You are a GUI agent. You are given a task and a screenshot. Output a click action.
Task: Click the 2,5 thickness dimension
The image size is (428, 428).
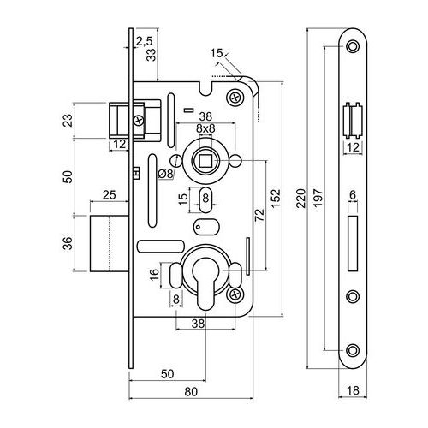[144, 41]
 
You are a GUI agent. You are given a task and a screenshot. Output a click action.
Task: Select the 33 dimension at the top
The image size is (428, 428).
[152, 55]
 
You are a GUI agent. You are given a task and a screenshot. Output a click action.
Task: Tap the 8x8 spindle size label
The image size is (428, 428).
[205, 128]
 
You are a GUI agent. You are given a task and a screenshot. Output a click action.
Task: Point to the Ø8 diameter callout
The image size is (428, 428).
[166, 174]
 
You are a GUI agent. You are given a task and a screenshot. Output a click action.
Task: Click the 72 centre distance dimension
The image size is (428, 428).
[259, 215]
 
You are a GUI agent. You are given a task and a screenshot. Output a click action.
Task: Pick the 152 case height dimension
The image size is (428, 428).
[276, 199]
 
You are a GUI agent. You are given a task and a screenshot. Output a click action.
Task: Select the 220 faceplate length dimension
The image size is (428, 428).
[300, 198]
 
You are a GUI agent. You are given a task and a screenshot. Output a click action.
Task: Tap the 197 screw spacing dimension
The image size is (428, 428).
[318, 198]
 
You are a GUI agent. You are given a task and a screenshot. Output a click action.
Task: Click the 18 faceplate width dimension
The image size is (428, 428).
[353, 390]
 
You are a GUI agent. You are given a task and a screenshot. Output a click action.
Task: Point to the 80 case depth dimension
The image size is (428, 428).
[191, 392]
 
